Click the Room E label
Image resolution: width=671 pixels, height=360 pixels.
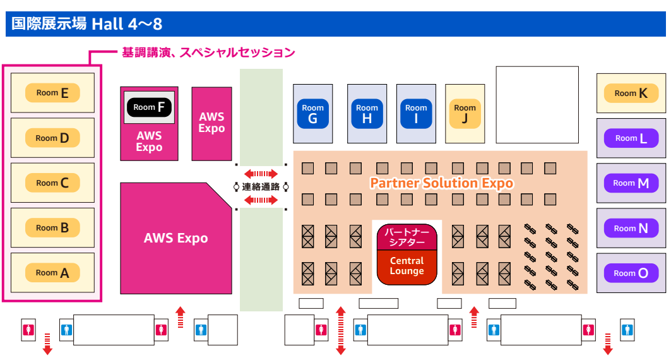coord(52,93)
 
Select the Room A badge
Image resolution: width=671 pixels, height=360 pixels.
coord(52,273)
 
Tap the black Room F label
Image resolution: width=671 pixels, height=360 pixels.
coord(149,107)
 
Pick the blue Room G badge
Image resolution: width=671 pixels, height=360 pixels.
coord(313,114)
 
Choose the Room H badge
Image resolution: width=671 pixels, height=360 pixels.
coord(367,114)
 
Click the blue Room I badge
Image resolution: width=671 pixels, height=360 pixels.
coord(416,114)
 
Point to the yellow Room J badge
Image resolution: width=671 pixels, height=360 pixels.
coord(465,114)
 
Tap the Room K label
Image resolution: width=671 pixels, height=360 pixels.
coord(631,93)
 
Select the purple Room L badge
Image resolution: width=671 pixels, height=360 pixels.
coord(631,138)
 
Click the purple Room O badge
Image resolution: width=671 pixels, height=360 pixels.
coord(631,273)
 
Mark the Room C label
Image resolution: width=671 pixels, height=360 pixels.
coord(52,183)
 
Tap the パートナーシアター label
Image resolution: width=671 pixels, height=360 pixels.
coord(407,237)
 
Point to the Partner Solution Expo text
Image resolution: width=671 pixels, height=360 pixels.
coord(442,183)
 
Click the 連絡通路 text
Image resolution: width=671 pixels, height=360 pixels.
coord(261,187)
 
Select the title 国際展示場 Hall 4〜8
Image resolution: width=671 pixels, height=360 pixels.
coord(87,24)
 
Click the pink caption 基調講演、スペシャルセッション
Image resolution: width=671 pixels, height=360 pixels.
coord(208,52)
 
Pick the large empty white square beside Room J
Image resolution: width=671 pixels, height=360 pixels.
coord(537,105)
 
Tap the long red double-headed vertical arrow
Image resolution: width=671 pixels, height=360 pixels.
coord(341,331)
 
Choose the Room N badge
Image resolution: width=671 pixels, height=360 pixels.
coord(631,228)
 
